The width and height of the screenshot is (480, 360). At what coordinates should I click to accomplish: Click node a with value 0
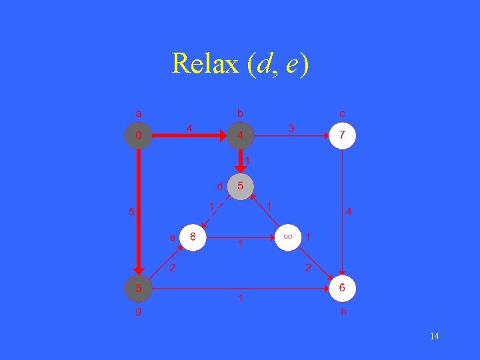click(138, 136)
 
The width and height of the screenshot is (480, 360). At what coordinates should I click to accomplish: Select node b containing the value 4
click(241, 136)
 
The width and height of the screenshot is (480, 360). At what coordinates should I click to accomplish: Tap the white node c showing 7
click(342, 136)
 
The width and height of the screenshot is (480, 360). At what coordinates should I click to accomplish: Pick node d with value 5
click(241, 186)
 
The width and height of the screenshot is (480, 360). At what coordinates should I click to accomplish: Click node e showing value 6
click(193, 237)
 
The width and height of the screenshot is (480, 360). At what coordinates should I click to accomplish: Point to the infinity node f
click(289, 237)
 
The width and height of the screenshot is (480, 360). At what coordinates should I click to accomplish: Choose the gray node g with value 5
click(138, 289)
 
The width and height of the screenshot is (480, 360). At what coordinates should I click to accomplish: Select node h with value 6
click(342, 289)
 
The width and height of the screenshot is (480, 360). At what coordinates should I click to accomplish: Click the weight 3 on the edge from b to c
click(291, 127)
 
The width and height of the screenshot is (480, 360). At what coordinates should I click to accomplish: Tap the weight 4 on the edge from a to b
click(189, 127)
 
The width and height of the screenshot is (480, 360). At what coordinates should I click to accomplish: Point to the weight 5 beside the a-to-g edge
click(131, 213)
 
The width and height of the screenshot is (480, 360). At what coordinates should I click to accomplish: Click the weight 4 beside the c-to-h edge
click(349, 213)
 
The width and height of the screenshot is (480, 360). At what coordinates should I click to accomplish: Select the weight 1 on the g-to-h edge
click(241, 299)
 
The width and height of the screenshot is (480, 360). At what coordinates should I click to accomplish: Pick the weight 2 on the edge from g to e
click(172, 269)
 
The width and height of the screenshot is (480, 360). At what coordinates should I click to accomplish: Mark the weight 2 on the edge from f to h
click(308, 269)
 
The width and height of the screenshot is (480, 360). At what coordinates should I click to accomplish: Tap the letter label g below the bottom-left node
click(138, 311)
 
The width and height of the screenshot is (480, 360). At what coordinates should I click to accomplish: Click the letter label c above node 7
click(342, 113)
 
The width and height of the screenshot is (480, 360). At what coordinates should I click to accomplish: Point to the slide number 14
click(434, 336)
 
